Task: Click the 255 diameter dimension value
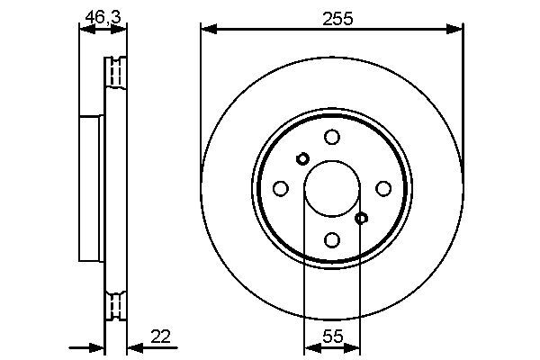click(331, 15)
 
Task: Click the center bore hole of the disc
click(332, 188)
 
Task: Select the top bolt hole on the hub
click(332, 137)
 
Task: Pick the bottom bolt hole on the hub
click(332, 240)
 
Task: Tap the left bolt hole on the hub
click(280, 188)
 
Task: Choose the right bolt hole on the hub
click(383, 188)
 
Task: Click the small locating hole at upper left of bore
click(302, 158)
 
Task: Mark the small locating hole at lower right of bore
click(362, 218)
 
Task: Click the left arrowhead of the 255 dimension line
click(206, 30)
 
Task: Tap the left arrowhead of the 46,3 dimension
click(83, 30)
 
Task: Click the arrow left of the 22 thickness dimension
click(94, 347)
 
